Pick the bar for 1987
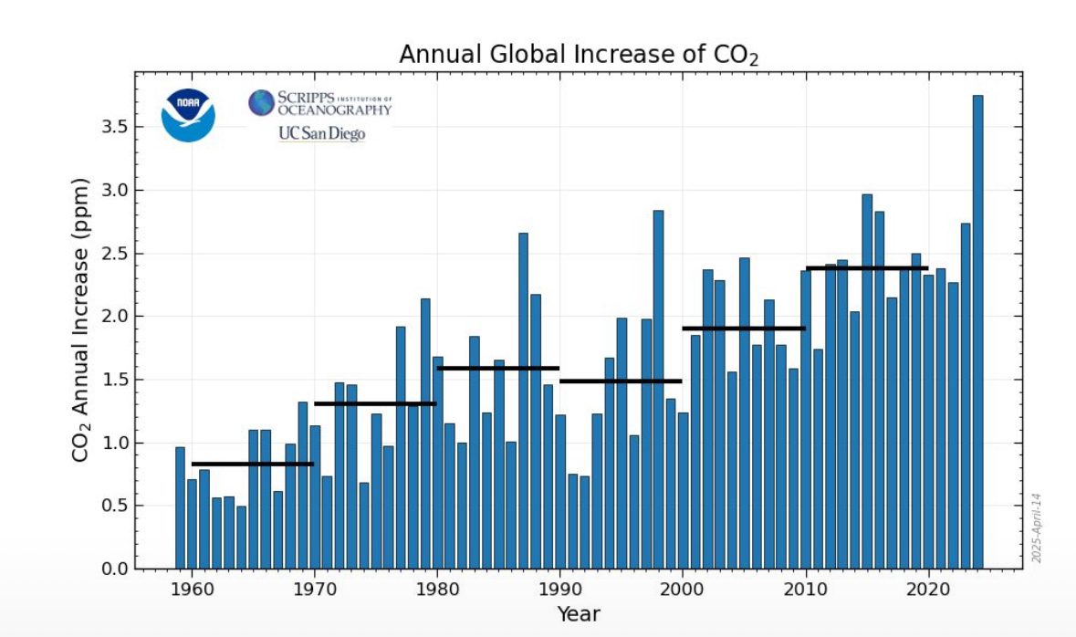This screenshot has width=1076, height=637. (523, 402)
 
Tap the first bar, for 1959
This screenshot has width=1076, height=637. (180, 507)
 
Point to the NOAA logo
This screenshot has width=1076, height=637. (188, 116)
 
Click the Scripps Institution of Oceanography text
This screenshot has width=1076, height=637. (320, 103)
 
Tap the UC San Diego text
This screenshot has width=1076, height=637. (320, 134)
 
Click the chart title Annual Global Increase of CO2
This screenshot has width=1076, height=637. (579, 55)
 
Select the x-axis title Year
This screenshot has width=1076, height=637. (579, 614)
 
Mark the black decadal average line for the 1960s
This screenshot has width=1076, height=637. (253, 464)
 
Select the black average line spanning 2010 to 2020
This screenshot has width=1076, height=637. (867, 268)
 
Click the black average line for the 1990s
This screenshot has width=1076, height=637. (621, 381)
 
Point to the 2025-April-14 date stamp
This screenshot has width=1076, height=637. (1038, 528)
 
